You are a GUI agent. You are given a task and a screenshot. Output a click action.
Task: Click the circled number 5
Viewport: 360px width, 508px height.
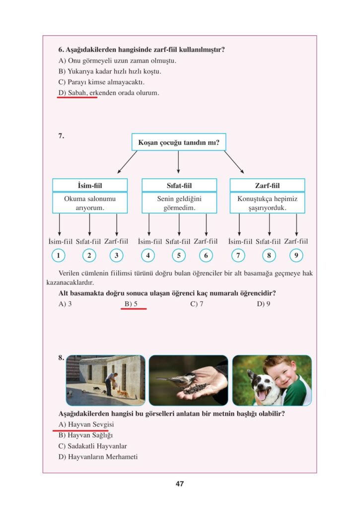tap(178, 256)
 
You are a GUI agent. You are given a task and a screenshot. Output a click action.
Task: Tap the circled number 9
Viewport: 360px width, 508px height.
tap(296, 256)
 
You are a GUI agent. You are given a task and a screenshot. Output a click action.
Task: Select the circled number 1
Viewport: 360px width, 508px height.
tap(59, 256)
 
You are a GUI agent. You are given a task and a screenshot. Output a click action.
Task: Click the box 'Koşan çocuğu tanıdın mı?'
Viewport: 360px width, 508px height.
tap(178, 142)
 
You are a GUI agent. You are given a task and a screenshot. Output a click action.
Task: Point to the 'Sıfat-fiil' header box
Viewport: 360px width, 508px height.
tap(179, 186)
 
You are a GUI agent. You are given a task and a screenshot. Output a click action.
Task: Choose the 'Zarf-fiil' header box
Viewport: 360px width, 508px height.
tap(267, 186)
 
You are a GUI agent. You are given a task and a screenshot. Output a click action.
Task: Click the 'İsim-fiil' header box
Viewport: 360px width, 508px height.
tap(90, 186)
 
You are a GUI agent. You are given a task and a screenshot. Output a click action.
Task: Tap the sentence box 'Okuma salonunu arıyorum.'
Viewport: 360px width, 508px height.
tap(90, 203)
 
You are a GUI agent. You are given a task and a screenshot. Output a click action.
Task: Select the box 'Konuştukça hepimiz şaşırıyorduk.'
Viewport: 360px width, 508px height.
tap(267, 203)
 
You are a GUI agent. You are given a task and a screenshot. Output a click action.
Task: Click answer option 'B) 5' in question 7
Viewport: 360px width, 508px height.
tap(131, 304)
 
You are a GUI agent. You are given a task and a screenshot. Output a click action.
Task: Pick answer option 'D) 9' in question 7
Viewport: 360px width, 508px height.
tap(264, 304)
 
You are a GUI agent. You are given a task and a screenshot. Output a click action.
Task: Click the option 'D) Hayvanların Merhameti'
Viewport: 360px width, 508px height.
tap(98, 456)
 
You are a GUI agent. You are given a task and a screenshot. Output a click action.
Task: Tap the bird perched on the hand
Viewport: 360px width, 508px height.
tap(171, 381)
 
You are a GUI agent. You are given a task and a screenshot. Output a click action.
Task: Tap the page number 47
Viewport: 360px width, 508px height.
tap(180, 484)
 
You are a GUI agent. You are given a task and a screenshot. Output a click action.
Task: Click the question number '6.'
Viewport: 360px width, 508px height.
tap(62, 50)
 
